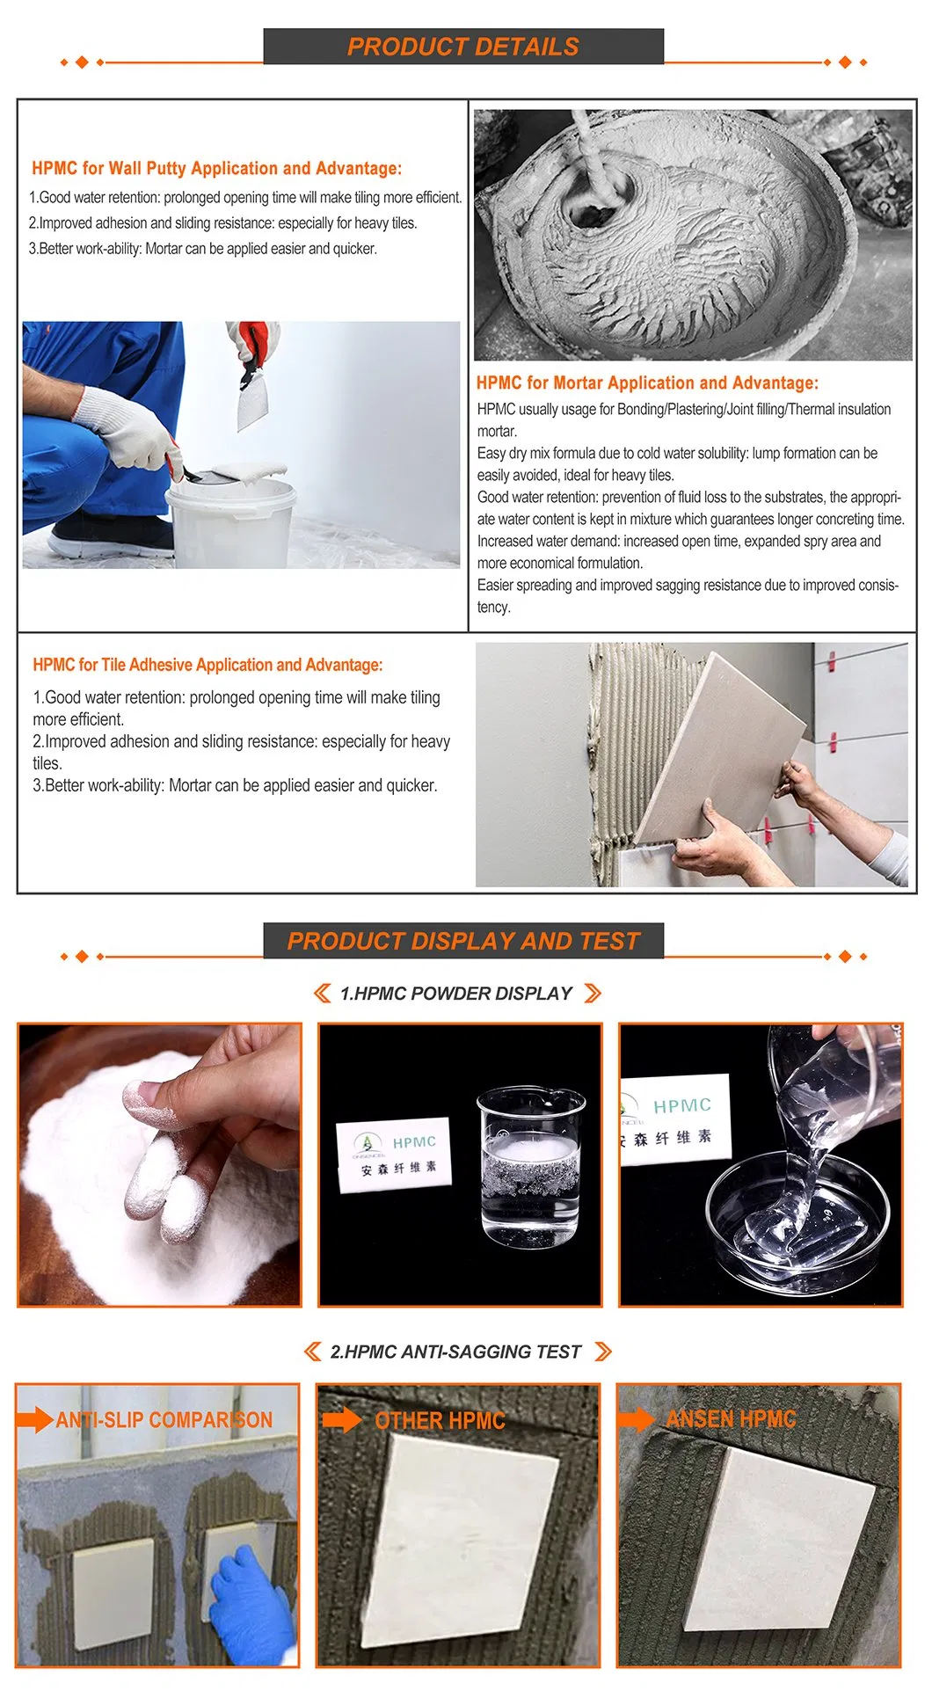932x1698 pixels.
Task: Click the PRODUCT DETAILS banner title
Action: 463,47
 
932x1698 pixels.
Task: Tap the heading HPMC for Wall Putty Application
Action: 155,168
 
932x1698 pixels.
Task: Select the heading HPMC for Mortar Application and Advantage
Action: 647,383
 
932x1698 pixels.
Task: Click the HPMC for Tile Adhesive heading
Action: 208,665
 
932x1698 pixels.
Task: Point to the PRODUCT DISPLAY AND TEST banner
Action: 463,941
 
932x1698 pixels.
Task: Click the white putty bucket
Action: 231,519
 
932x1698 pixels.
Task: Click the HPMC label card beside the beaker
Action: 395,1155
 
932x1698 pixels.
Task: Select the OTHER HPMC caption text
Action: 440,1421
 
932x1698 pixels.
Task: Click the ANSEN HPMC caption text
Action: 731,1419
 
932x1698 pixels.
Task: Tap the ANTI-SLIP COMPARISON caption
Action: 164,1420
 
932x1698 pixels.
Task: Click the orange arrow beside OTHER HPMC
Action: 342,1419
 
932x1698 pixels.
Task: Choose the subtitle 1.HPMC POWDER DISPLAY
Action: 456,994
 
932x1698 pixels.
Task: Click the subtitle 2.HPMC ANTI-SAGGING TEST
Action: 455,1352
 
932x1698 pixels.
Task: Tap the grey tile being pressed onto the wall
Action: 721,747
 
